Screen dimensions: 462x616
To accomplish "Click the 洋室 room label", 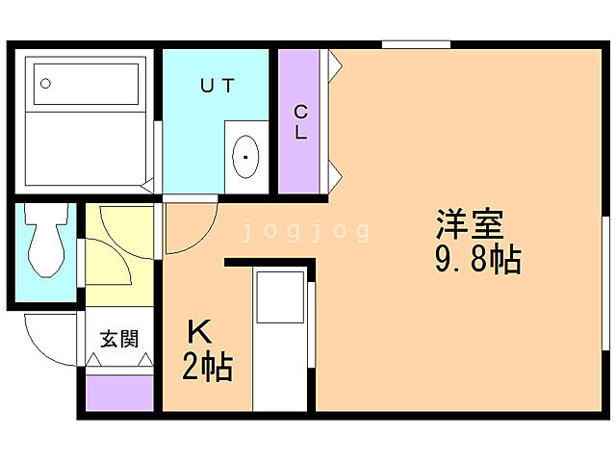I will [470, 225].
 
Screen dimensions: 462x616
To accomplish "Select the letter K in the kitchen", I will [199, 332].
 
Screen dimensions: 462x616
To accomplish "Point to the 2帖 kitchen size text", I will [207, 367].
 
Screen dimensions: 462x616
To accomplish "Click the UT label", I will [217, 86].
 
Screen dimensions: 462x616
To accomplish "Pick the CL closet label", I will [301, 122].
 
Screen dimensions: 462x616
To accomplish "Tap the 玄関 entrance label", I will [119, 338].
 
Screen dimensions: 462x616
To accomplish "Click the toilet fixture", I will [42, 244].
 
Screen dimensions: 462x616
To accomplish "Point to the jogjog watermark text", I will [305, 231].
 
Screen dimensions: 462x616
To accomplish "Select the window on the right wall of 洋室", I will [605, 279].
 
